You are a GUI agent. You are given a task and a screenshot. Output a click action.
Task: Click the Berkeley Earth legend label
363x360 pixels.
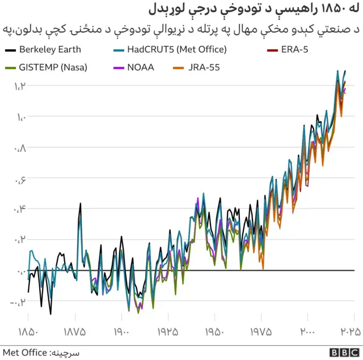tap(50, 49)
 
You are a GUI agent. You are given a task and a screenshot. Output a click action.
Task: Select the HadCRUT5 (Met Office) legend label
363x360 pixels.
tap(177, 49)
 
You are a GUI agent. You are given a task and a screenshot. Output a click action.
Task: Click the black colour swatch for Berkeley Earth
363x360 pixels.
tap(10, 50)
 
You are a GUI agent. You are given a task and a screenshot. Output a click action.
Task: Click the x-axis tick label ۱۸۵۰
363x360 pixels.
tap(28, 332)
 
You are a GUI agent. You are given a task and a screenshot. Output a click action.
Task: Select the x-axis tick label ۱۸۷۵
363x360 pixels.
tap(75, 332)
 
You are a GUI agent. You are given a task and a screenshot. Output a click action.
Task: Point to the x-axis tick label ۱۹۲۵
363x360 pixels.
tap(168, 332)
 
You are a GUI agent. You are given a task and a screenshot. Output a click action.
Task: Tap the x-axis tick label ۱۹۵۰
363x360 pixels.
tap(214, 332)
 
